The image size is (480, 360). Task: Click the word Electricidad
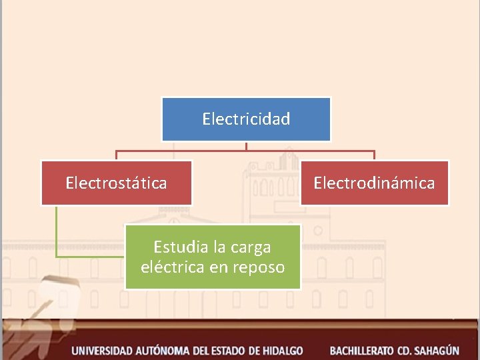(x=246, y=119)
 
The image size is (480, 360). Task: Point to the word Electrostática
(x=117, y=183)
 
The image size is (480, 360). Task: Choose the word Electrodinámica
(x=374, y=183)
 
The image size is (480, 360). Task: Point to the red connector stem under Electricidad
(x=246, y=146)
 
